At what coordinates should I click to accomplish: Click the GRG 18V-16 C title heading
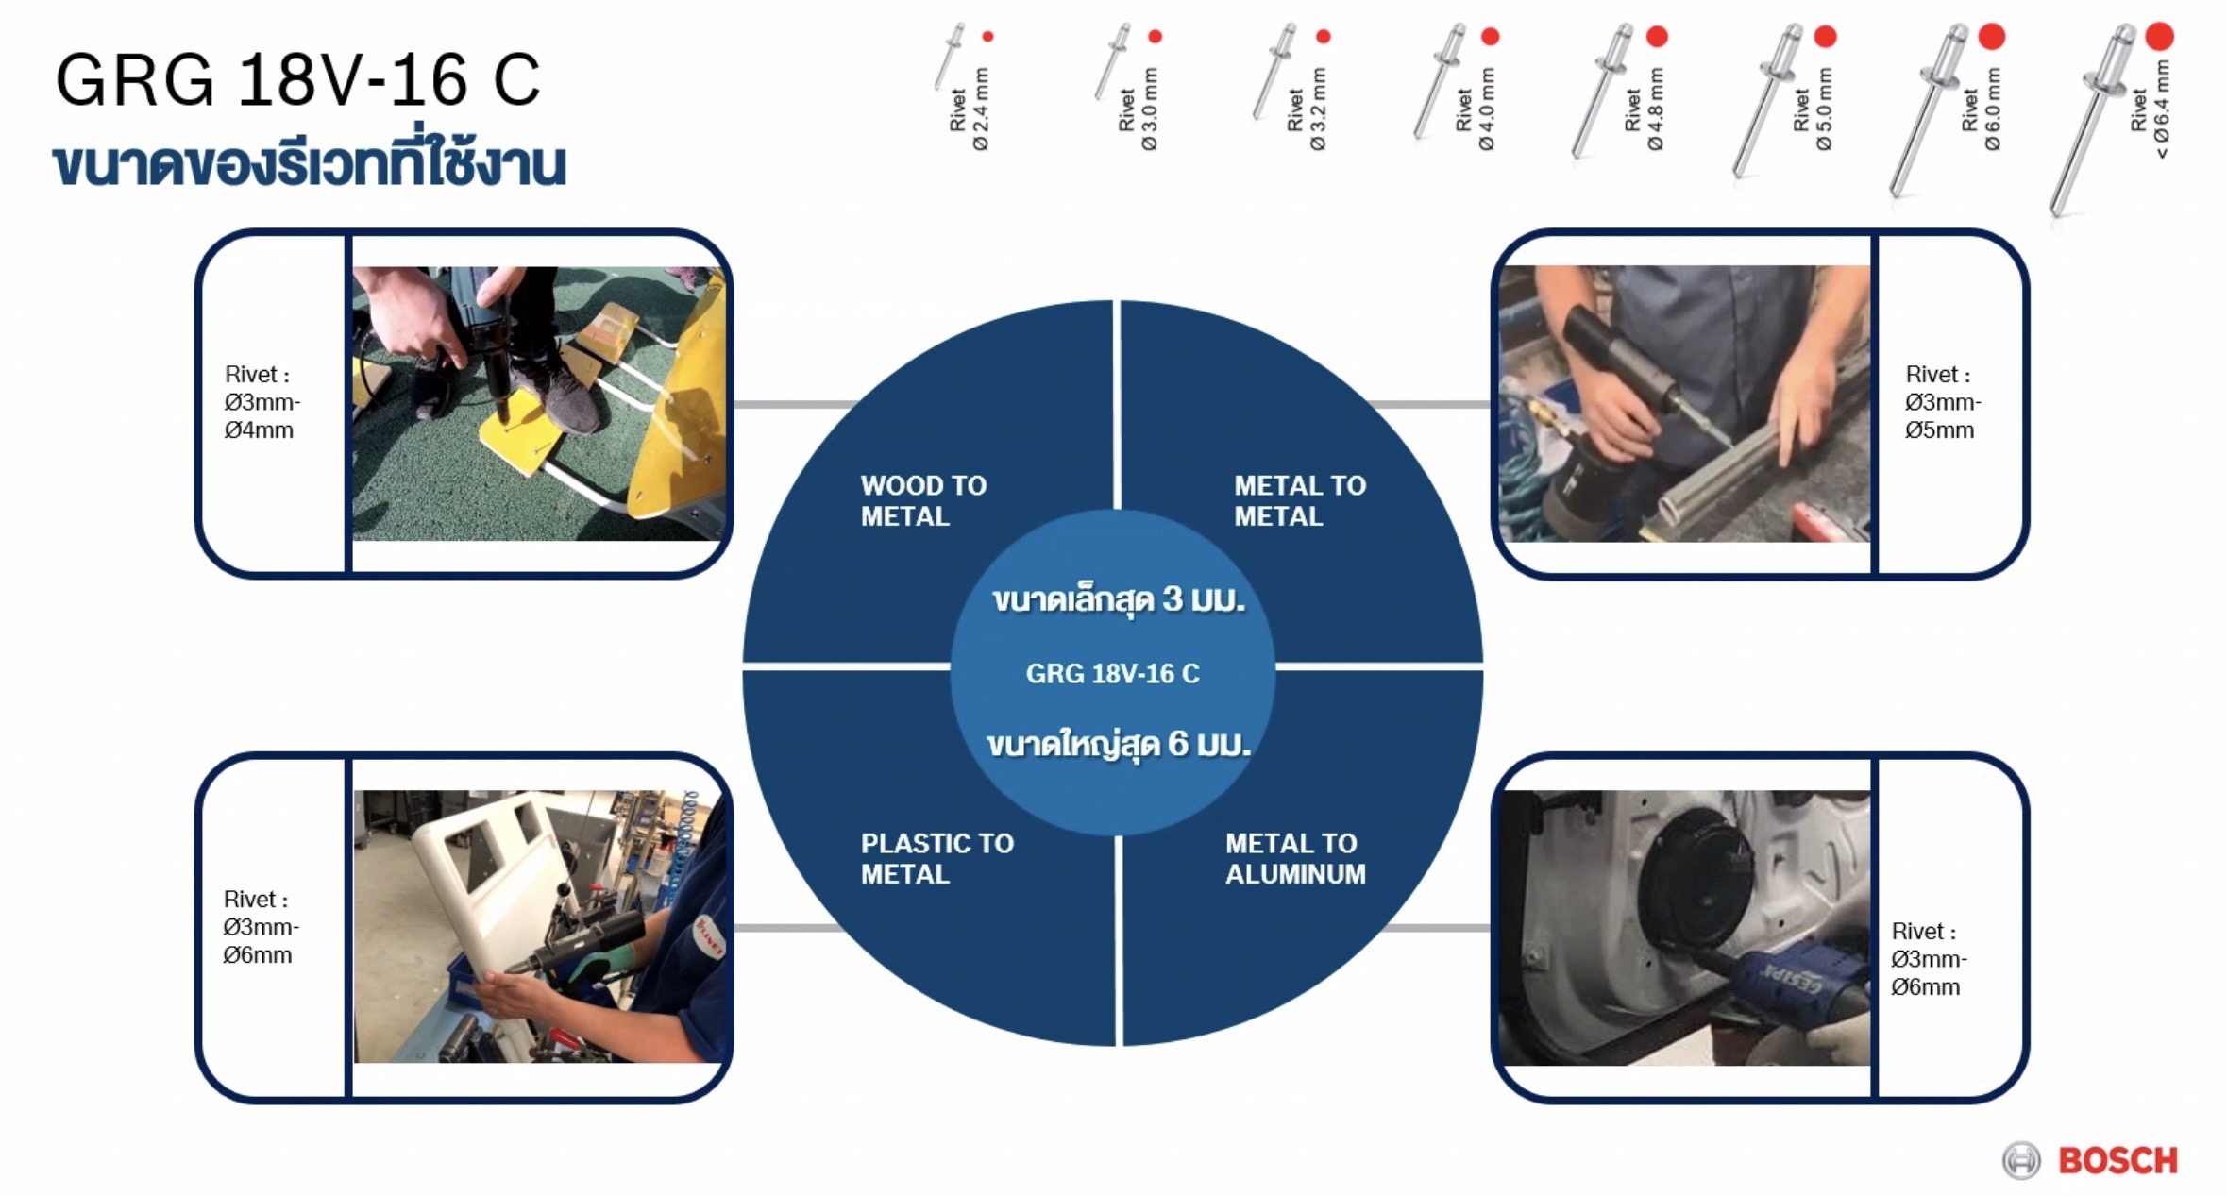298,79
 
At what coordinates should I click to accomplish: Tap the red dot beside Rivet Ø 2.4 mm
987,37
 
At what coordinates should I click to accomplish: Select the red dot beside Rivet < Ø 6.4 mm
2159,36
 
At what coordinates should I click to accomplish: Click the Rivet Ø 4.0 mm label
1475,109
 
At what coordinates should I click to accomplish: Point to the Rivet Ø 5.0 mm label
1813,109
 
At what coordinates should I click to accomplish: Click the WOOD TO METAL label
923,500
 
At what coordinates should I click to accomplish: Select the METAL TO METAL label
1299,500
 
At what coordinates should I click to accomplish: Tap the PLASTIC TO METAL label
936,858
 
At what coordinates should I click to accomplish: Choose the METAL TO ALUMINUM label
1295,858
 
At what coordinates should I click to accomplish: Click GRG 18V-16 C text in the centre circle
1112,673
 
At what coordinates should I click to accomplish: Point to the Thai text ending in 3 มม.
1118,599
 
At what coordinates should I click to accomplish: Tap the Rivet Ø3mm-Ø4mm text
262,402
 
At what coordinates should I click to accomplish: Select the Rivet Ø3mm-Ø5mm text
1943,402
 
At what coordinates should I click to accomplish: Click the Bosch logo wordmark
2117,1160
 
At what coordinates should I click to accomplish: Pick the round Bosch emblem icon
2020,1160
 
